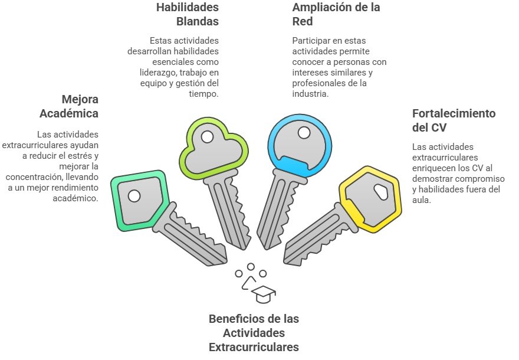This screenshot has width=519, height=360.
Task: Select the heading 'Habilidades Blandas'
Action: click(188, 15)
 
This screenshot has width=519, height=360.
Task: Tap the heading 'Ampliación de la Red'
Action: click(336, 15)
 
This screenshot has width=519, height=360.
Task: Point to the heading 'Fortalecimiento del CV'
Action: click(454, 120)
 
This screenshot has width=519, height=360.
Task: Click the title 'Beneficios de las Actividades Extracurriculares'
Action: click(254, 333)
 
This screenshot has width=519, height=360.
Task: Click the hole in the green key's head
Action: click(134, 195)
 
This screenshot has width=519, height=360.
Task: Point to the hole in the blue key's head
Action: click(304, 133)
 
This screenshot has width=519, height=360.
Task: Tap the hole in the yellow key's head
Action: click(382, 191)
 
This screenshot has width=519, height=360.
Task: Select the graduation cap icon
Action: click(263, 293)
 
